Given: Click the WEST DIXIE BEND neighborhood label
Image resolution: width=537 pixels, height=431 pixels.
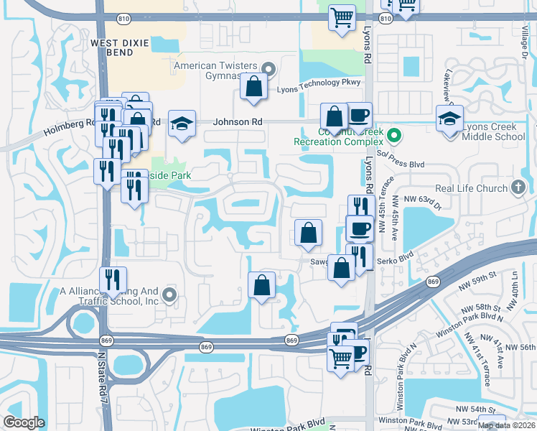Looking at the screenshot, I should point(119,48).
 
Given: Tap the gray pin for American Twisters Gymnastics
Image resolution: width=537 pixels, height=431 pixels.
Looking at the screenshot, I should point(268,70).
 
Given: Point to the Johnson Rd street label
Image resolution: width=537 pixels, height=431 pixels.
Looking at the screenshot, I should point(237,122).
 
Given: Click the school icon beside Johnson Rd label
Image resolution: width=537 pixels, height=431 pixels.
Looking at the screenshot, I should point(182,123).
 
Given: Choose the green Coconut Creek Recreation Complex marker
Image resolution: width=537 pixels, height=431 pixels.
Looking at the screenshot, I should point(393,134).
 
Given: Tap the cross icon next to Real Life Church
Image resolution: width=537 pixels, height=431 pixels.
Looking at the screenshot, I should point(518,188).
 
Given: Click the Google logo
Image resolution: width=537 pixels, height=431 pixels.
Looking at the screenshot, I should point(24,422).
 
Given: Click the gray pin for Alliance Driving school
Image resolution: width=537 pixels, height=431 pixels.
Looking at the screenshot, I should point(169,295).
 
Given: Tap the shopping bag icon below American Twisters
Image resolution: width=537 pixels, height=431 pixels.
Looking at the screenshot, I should point(253,87).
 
